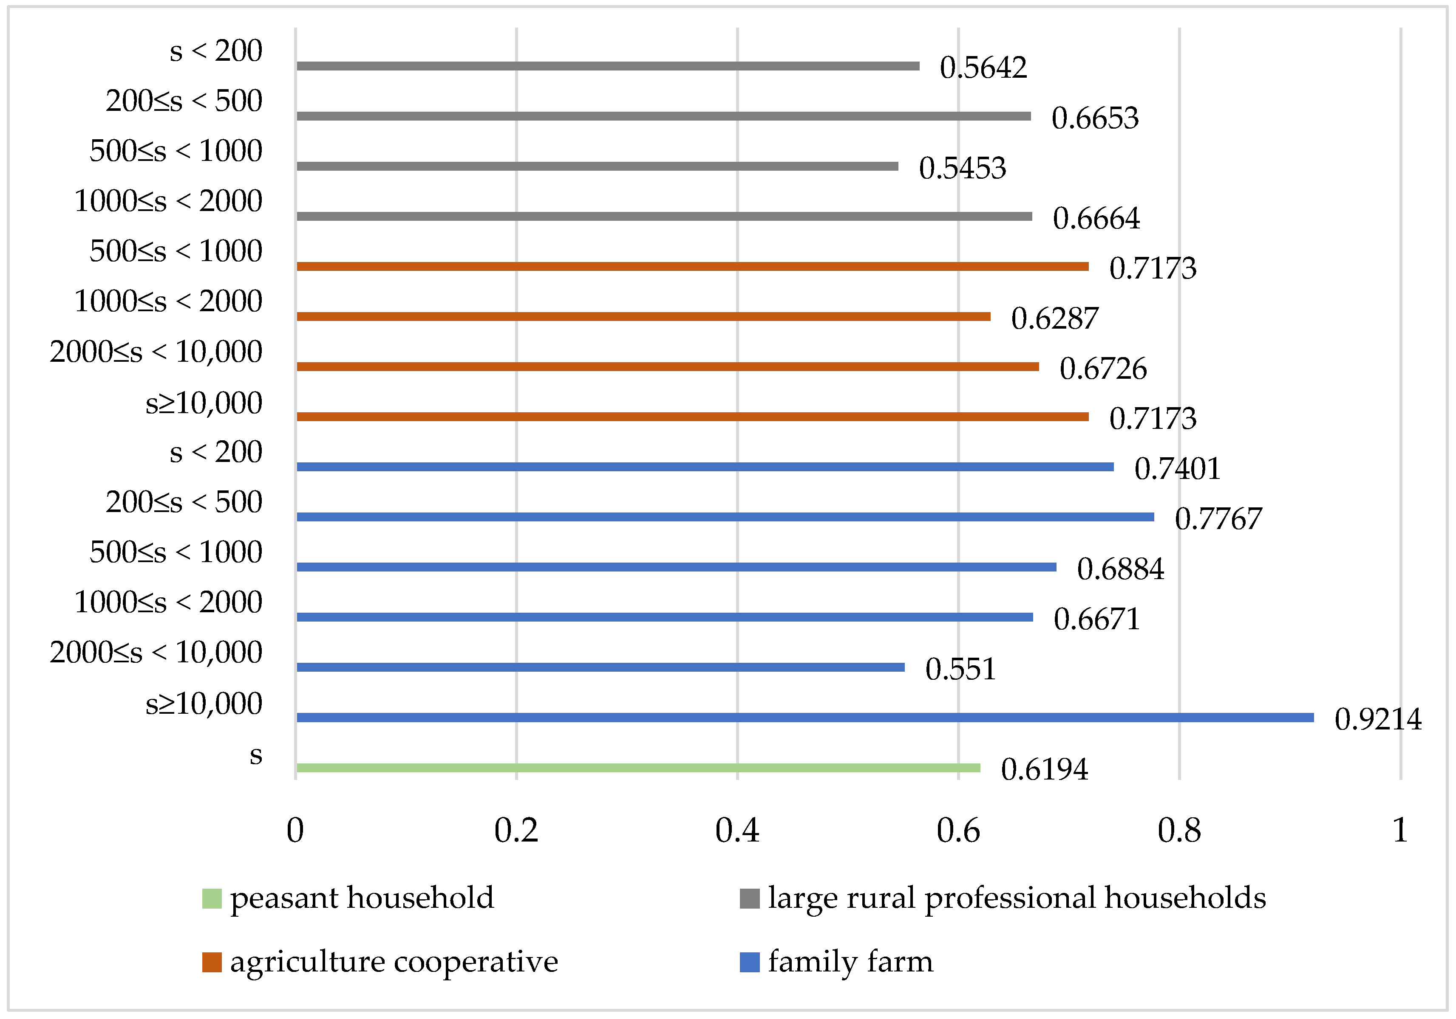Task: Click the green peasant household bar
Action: (637, 767)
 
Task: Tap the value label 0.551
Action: (960, 669)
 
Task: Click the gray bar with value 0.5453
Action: (597, 166)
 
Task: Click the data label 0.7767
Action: (1218, 519)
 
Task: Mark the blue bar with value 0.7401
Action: (705, 467)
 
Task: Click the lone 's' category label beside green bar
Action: (255, 755)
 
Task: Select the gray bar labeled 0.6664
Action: (664, 216)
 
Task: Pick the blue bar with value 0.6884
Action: (676, 566)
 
